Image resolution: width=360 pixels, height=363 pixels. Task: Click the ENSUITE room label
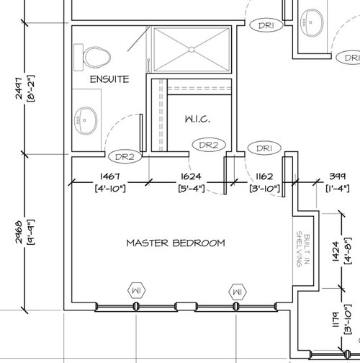[109, 79]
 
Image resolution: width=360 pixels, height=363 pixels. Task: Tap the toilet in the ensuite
[96, 55]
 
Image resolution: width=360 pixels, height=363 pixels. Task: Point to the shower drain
[192, 49]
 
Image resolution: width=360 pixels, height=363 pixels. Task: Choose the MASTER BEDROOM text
[176, 243]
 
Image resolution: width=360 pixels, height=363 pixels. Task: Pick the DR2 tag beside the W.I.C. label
[208, 145]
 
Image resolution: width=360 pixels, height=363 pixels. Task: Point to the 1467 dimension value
[110, 176]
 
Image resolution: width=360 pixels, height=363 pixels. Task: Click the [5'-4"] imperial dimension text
[191, 189]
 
